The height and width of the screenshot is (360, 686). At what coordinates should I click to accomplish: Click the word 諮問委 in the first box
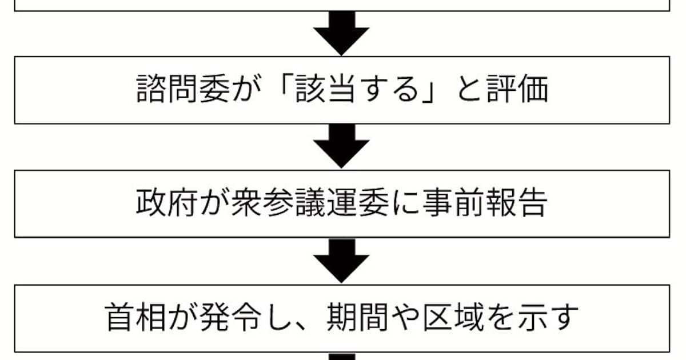(x=183, y=89)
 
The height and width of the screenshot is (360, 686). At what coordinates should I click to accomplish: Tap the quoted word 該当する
(x=357, y=89)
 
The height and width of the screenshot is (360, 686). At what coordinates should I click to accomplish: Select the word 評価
(x=517, y=89)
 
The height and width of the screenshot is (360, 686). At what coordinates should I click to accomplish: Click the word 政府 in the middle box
(x=167, y=203)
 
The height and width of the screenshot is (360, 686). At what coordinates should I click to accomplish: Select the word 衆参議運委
(x=310, y=203)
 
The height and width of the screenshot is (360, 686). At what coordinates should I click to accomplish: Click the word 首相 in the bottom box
(x=135, y=317)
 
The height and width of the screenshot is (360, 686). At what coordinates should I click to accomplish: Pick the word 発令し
(x=246, y=317)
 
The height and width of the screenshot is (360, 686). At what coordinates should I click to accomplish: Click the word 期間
(x=357, y=317)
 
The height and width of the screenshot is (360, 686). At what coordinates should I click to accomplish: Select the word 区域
(x=453, y=317)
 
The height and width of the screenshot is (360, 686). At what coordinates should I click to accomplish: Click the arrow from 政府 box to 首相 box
(x=341, y=261)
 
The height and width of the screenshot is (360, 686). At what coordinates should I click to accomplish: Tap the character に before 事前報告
(x=406, y=203)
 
